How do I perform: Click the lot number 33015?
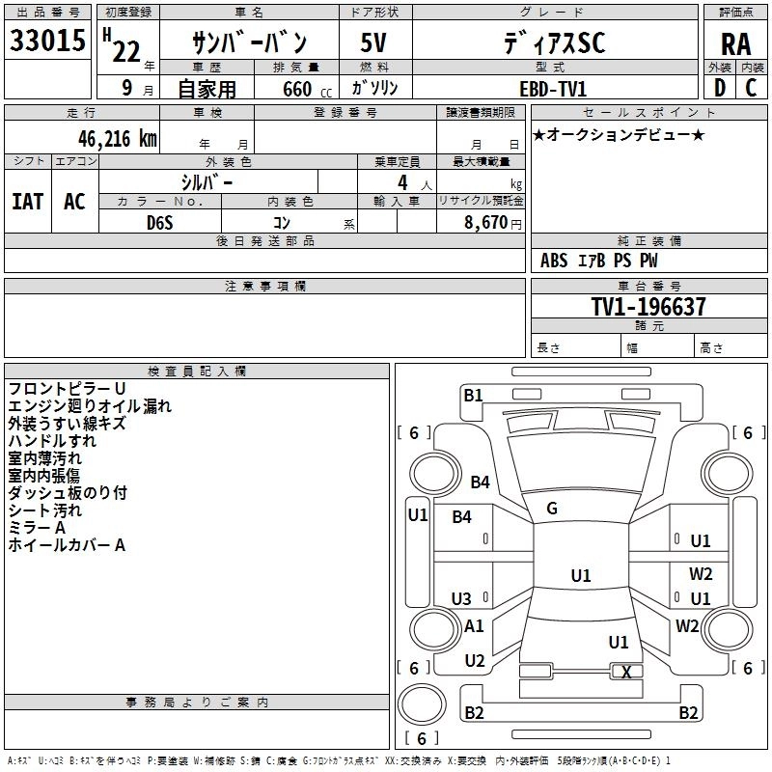[x=47, y=41]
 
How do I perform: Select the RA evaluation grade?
[x=735, y=44]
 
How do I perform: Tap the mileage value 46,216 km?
[x=117, y=139]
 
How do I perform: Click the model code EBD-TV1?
[x=553, y=89]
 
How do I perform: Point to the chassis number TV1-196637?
[x=648, y=306]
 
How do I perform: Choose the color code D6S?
[x=160, y=223]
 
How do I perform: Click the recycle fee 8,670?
[x=485, y=223]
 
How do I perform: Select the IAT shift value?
[x=28, y=202]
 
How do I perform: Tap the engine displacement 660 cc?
[x=307, y=90]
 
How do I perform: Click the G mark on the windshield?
[x=552, y=509]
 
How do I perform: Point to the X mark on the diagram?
[x=626, y=672]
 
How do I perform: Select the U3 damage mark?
[x=461, y=598]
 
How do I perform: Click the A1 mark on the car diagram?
[x=474, y=625]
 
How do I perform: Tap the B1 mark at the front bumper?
[x=473, y=395]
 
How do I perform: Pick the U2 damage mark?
[x=475, y=660]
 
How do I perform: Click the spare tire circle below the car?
[x=422, y=703]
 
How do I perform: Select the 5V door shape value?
[x=373, y=42]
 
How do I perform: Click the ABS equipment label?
[x=554, y=260]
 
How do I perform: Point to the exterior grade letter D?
[x=720, y=88]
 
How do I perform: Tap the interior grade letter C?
[x=751, y=88]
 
